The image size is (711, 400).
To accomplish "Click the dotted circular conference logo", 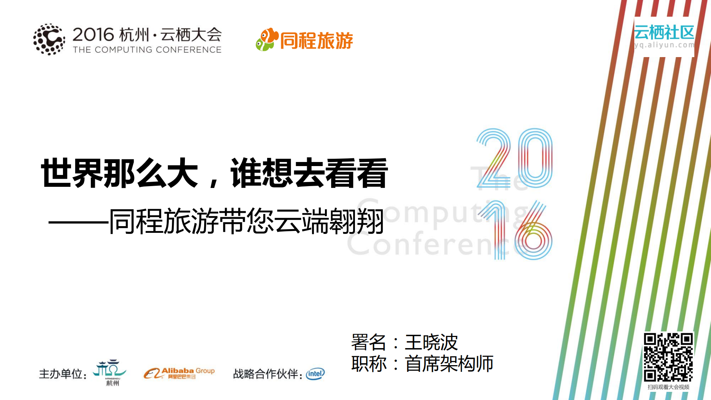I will click(49, 39).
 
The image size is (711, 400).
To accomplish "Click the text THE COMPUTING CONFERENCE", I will click(147, 50).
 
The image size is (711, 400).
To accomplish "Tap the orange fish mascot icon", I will click(267, 39).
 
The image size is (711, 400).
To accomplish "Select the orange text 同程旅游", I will click(316, 40).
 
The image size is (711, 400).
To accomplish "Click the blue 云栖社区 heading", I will click(664, 33).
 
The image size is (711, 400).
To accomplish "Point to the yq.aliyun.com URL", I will click(664, 45).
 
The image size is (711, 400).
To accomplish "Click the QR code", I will click(668, 357).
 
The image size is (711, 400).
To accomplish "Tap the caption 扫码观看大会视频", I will click(668, 387).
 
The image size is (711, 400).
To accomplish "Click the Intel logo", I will click(315, 373).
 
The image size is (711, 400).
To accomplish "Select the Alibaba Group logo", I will click(179, 373).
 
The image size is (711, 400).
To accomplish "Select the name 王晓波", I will click(431, 342).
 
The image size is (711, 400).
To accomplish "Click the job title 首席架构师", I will click(449, 364).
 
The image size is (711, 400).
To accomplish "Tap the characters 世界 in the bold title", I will click(72, 173).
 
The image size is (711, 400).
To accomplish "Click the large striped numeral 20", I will click(514, 158).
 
